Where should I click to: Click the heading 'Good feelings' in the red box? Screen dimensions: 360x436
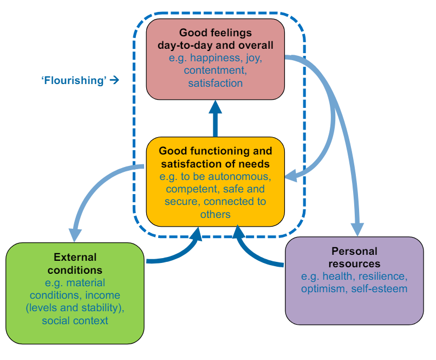click(215, 33)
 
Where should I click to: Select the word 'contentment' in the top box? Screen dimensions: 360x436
click(215, 71)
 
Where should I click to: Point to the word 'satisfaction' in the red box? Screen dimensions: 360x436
click(215, 83)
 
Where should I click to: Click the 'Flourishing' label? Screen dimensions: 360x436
click(74, 80)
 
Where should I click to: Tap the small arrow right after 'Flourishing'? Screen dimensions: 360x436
click(114, 80)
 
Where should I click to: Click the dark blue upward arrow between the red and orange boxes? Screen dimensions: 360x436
click(215, 117)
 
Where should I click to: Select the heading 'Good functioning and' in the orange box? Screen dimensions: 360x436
click(215, 151)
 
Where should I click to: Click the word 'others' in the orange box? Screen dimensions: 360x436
click(215, 214)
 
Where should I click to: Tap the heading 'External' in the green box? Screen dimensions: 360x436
click(75, 257)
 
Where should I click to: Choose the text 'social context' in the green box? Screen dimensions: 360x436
click(75, 320)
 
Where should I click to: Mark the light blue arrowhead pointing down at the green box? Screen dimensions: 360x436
click(74, 234)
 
